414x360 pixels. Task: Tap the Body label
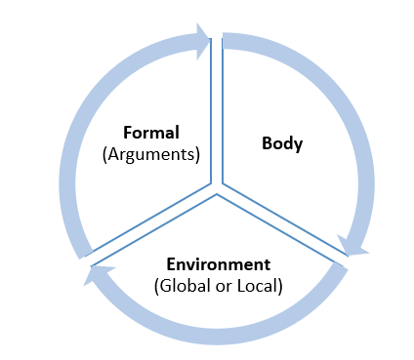282,144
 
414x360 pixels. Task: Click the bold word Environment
218,265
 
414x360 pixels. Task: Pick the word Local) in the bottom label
259,286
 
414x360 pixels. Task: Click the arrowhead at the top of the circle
202,40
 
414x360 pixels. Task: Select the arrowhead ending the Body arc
352,245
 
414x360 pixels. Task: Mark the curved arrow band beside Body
361,146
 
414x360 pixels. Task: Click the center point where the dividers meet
217,187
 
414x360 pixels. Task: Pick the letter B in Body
267,144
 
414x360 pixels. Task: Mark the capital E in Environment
172,265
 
